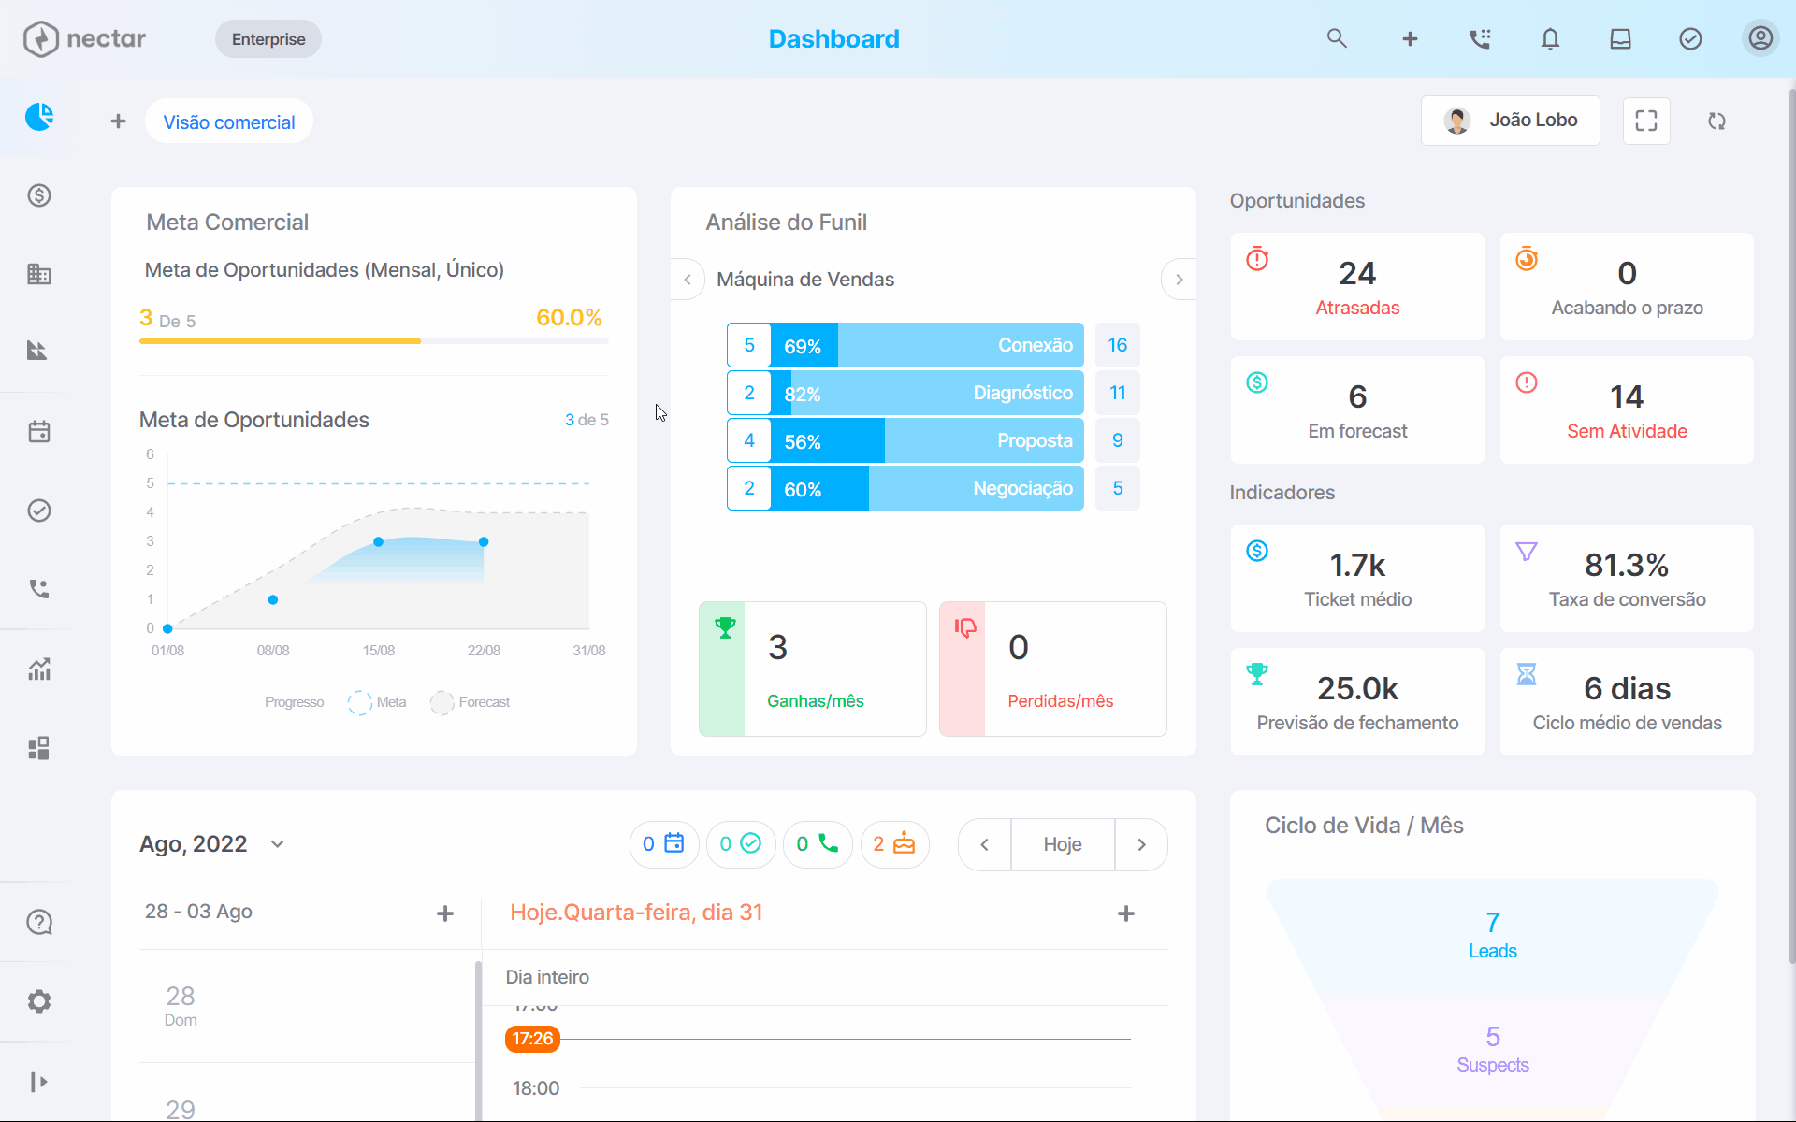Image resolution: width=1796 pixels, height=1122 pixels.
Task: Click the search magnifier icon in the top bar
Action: click(x=1337, y=38)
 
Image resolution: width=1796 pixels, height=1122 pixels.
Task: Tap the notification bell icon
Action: click(x=1550, y=38)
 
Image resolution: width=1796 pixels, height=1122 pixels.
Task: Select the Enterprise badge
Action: click(x=268, y=39)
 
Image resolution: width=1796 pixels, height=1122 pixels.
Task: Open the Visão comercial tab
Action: click(x=229, y=122)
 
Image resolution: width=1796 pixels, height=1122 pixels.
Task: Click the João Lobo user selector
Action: click(x=1510, y=121)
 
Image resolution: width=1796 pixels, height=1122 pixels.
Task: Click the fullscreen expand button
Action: click(x=1646, y=121)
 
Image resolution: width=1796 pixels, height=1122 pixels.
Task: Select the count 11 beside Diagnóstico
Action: click(x=1118, y=393)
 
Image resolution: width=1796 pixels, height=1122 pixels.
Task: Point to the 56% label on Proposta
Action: click(x=803, y=442)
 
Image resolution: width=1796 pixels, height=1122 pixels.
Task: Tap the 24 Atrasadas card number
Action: click(x=1357, y=273)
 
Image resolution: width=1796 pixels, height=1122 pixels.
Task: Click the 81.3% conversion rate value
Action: click(x=1627, y=565)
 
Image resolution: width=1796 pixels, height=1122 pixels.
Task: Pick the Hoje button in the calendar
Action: click(x=1063, y=844)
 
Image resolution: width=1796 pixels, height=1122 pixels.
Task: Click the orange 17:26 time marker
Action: click(x=532, y=1039)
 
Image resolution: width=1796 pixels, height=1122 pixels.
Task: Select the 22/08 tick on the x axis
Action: click(x=484, y=651)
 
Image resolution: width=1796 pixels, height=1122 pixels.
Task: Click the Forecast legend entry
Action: click(x=471, y=702)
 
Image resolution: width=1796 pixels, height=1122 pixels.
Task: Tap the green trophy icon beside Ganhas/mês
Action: click(x=725, y=627)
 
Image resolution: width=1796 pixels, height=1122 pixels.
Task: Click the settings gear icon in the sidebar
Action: click(x=39, y=1001)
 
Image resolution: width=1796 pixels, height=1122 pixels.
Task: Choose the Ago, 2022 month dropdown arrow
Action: click(x=277, y=844)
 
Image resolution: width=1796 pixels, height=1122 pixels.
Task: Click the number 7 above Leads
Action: click(x=1493, y=923)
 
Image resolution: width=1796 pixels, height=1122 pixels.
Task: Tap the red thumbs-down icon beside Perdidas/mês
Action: click(x=965, y=627)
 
